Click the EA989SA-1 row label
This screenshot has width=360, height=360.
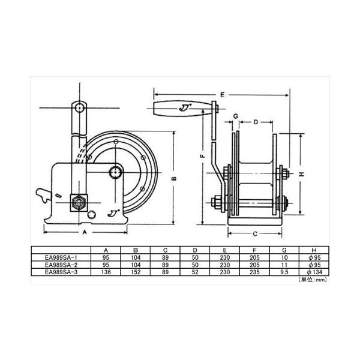[x=61, y=257]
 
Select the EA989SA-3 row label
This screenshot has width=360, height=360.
[x=61, y=272]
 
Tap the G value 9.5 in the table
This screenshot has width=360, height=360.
[x=284, y=272]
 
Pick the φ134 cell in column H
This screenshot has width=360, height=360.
[x=314, y=272]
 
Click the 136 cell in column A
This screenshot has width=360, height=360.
[x=106, y=272]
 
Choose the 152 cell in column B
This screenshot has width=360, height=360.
[x=136, y=272]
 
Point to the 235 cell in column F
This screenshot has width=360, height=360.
[x=254, y=272]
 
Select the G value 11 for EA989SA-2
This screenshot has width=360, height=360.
[x=284, y=265]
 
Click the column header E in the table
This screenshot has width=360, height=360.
[x=225, y=250]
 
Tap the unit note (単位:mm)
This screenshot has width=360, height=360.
[x=313, y=280]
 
